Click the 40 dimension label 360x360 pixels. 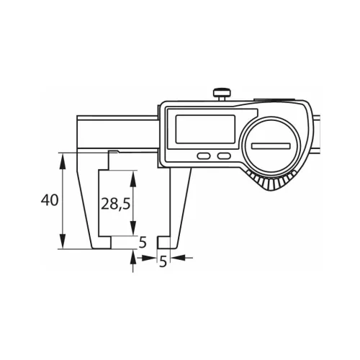(50, 201)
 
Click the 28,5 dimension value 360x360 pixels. (115, 204)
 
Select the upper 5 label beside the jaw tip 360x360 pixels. (142, 242)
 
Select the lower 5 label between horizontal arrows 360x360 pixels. (162, 262)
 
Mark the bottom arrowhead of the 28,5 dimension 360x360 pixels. (132, 231)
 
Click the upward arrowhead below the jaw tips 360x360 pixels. (132, 253)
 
